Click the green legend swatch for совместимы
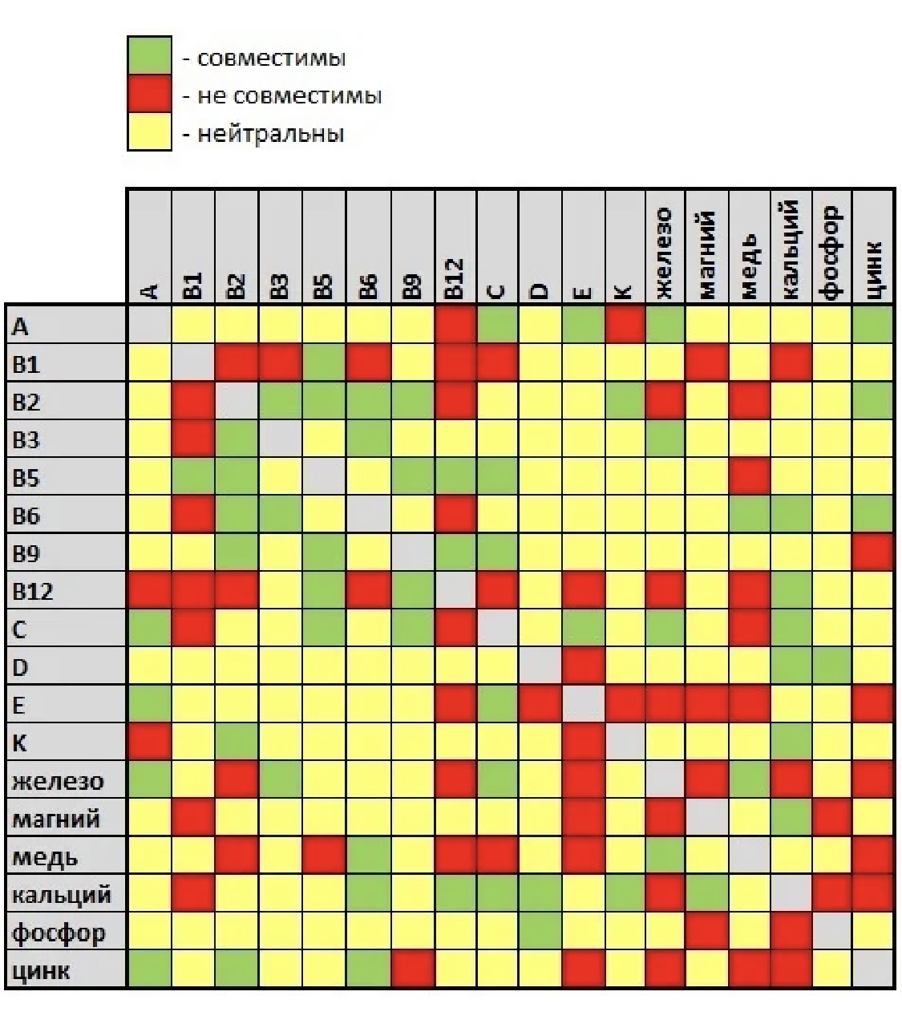[149, 56]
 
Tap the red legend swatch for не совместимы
[149, 94]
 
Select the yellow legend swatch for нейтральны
[149, 132]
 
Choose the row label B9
[27, 553]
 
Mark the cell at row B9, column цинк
[873, 552]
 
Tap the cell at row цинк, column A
[149, 970]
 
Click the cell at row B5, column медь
[749, 476]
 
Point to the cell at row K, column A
[149, 743]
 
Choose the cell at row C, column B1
[193, 629]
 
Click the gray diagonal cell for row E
[583, 705]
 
